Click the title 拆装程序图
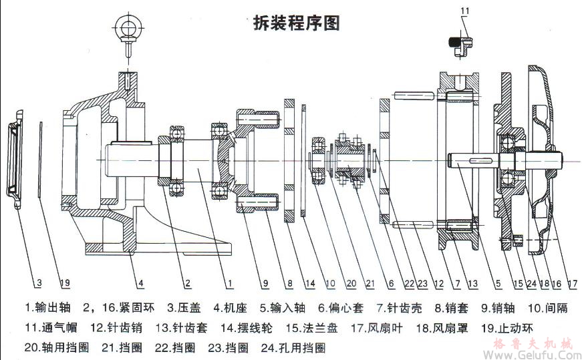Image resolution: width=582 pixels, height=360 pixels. coord(297,23)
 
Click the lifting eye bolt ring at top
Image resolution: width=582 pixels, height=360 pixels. coord(126,27)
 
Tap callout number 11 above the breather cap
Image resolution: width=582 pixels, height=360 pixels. coord(465,11)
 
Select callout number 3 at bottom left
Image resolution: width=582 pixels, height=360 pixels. coord(39,283)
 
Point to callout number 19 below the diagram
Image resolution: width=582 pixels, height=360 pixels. coord(64,283)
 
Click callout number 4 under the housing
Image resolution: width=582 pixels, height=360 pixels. coord(140,283)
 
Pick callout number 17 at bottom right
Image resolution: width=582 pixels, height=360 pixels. coord(572,283)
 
